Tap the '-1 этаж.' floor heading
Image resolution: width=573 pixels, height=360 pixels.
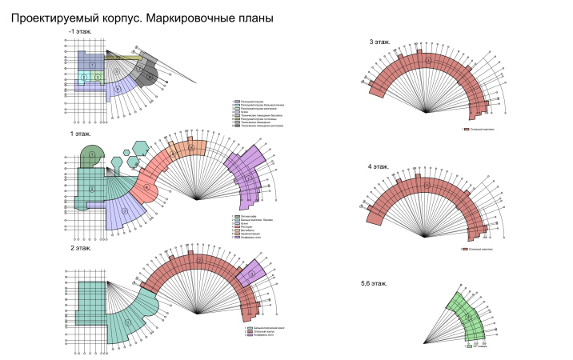click(81, 32)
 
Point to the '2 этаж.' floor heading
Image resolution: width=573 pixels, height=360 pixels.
click(80, 248)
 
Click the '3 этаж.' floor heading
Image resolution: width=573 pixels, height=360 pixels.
click(380, 41)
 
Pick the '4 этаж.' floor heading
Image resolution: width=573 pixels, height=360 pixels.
click(379, 166)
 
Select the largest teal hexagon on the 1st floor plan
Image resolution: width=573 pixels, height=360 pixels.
click(142, 148)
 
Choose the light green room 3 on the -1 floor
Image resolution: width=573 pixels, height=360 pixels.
click(96, 77)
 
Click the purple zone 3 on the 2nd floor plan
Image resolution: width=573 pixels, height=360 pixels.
click(250, 273)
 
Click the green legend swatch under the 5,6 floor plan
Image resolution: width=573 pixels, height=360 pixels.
click(471, 346)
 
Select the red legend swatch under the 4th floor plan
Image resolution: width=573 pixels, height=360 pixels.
click(465, 249)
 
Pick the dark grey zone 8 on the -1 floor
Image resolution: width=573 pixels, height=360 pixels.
click(149, 77)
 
